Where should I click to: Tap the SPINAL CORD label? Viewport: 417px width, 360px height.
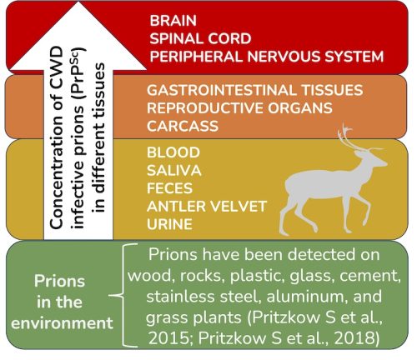pyautogui.click(x=193, y=38)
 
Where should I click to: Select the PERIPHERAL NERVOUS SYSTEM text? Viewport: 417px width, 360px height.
pyautogui.click(x=267, y=57)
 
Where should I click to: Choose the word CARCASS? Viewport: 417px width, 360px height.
pyautogui.click(x=182, y=126)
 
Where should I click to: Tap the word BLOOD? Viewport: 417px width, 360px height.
pyautogui.click(x=173, y=153)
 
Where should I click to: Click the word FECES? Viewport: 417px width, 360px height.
pyautogui.click(x=169, y=189)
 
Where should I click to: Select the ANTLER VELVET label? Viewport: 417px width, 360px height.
pyautogui.click(x=204, y=207)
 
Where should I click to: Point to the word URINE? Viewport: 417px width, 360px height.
pyautogui.click(x=170, y=225)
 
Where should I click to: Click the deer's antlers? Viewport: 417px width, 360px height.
pyautogui.click(x=351, y=135)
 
